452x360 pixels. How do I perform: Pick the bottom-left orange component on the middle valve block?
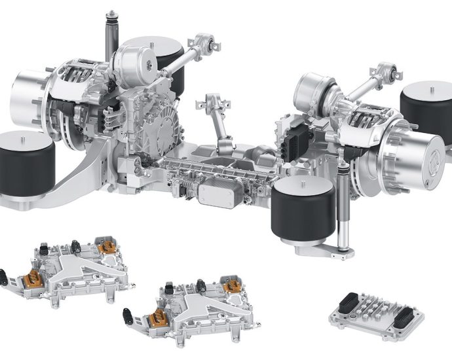157,319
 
